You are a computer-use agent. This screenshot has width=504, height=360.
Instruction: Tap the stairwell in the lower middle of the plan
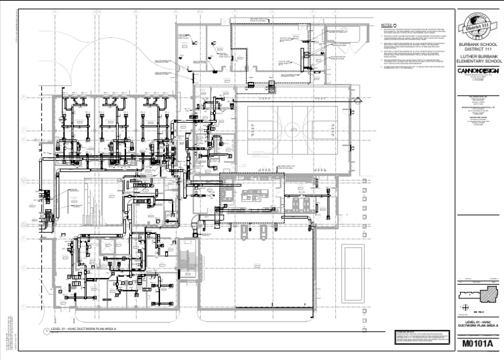coord(188,262)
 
